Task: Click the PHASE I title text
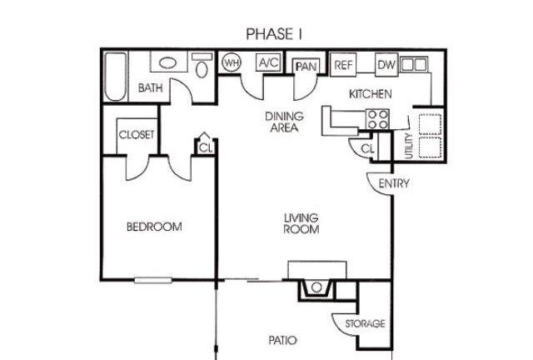click(x=274, y=34)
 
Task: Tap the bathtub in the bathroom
click(x=115, y=76)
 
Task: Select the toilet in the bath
click(x=202, y=65)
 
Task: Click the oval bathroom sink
click(x=168, y=63)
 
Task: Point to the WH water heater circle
click(x=231, y=62)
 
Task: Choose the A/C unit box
click(x=268, y=62)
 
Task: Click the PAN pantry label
click(x=306, y=67)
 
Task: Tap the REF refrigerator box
click(x=343, y=65)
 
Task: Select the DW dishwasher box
click(x=386, y=65)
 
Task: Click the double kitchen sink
click(x=413, y=64)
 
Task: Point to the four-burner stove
click(x=377, y=119)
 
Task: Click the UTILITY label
click(x=409, y=146)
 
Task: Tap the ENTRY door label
click(x=394, y=183)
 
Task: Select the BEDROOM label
click(x=154, y=227)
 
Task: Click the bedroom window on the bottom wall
click(x=153, y=280)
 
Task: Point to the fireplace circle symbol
click(x=316, y=287)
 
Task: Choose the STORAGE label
click(x=365, y=323)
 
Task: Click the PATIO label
click(x=282, y=340)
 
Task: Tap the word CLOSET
click(x=137, y=135)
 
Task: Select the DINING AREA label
click(x=284, y=122)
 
